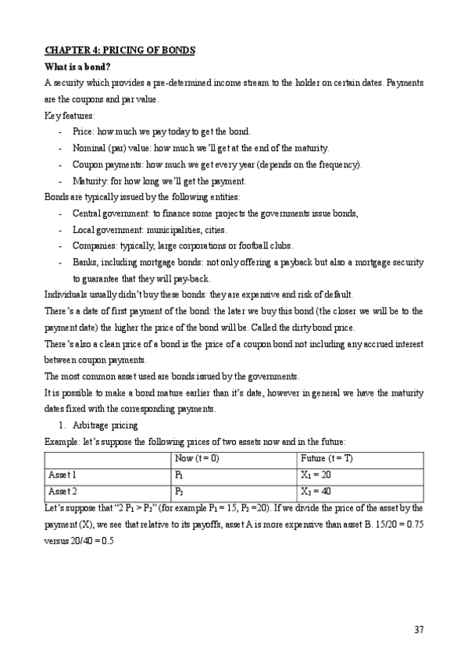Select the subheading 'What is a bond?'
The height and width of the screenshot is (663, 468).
pos(77,66)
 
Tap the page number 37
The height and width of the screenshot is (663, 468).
pos(419,630)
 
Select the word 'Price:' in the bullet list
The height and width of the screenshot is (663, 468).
pos(83,131)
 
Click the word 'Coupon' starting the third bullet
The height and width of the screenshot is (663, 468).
pos(87,164)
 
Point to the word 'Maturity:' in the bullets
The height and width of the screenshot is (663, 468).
pos(89,181)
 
